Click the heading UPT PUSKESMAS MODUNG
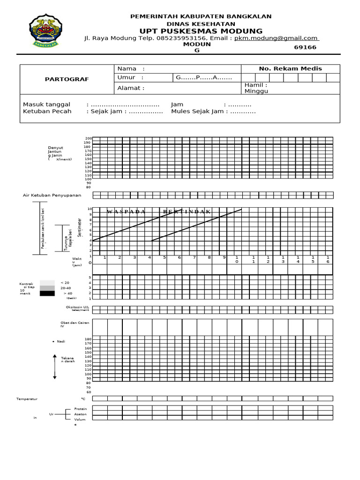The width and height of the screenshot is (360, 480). tap(201, 31)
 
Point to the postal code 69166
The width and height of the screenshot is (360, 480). tap(305, 47)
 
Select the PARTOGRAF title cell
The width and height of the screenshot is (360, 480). tap(67, 79)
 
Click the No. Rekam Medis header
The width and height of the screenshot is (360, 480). tap(290, 68)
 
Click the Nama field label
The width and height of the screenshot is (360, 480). tap(131, 68)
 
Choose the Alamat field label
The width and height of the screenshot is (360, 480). tap(131, 88)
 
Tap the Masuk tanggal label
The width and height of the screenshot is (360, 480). tap(46, 104)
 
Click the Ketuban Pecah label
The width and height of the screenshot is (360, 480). tap(47, 112)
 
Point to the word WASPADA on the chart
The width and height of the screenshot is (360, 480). tap(126, 212)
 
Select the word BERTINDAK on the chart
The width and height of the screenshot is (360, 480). tap(187, 212)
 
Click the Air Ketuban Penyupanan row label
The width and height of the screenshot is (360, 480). tap(52, 195)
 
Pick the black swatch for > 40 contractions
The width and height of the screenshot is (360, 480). tap(47, 293)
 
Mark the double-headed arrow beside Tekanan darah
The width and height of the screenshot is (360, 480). tap(55, 367)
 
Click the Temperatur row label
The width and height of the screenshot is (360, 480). tap(27, 398)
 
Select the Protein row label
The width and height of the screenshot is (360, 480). tap(81, 409)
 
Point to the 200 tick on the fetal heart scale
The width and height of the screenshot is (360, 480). tap(88, 139)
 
